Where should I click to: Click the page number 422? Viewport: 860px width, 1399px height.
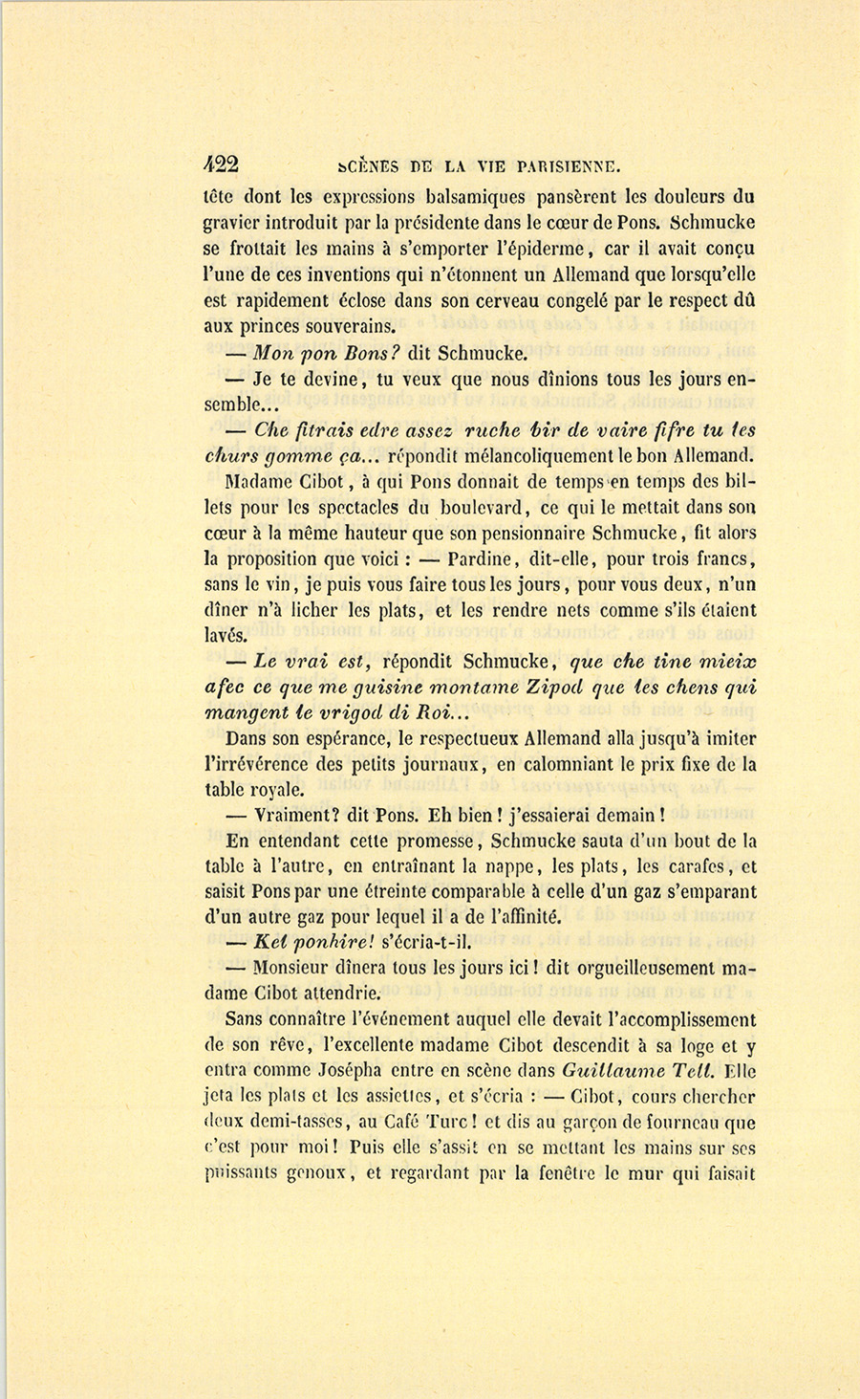(221, 164)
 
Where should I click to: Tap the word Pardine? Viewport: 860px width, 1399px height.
(484, 559)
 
